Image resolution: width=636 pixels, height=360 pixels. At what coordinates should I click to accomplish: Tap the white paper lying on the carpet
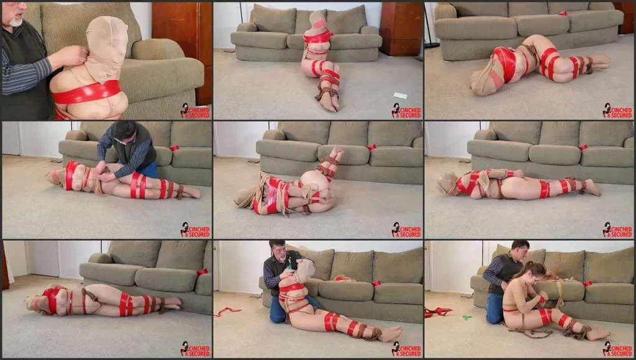pyautogui.click(x=400, y=96)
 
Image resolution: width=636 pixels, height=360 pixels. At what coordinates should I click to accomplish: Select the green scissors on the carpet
pyautogui.click(x=468, y=317)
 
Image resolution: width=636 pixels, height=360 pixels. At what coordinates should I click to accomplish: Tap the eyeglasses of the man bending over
pyautogui.click(x=121, y=140)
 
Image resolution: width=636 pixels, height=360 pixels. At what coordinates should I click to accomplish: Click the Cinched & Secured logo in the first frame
pyautogui.click(x=196, y=111)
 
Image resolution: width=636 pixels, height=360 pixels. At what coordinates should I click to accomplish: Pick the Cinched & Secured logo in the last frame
pyautogui.click(x=617, y=349)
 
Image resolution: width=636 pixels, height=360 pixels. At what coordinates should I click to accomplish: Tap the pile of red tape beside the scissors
pyautogui.click(x=438, y=312)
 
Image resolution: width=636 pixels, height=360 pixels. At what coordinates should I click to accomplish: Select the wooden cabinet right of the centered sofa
pyautogui.click(x=401, y=29)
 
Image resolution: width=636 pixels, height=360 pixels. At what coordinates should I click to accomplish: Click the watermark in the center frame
pyautogui.click(x=406, y=230)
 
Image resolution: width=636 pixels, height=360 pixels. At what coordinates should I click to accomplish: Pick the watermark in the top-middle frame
pyautogui.click(x=406, y=110)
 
